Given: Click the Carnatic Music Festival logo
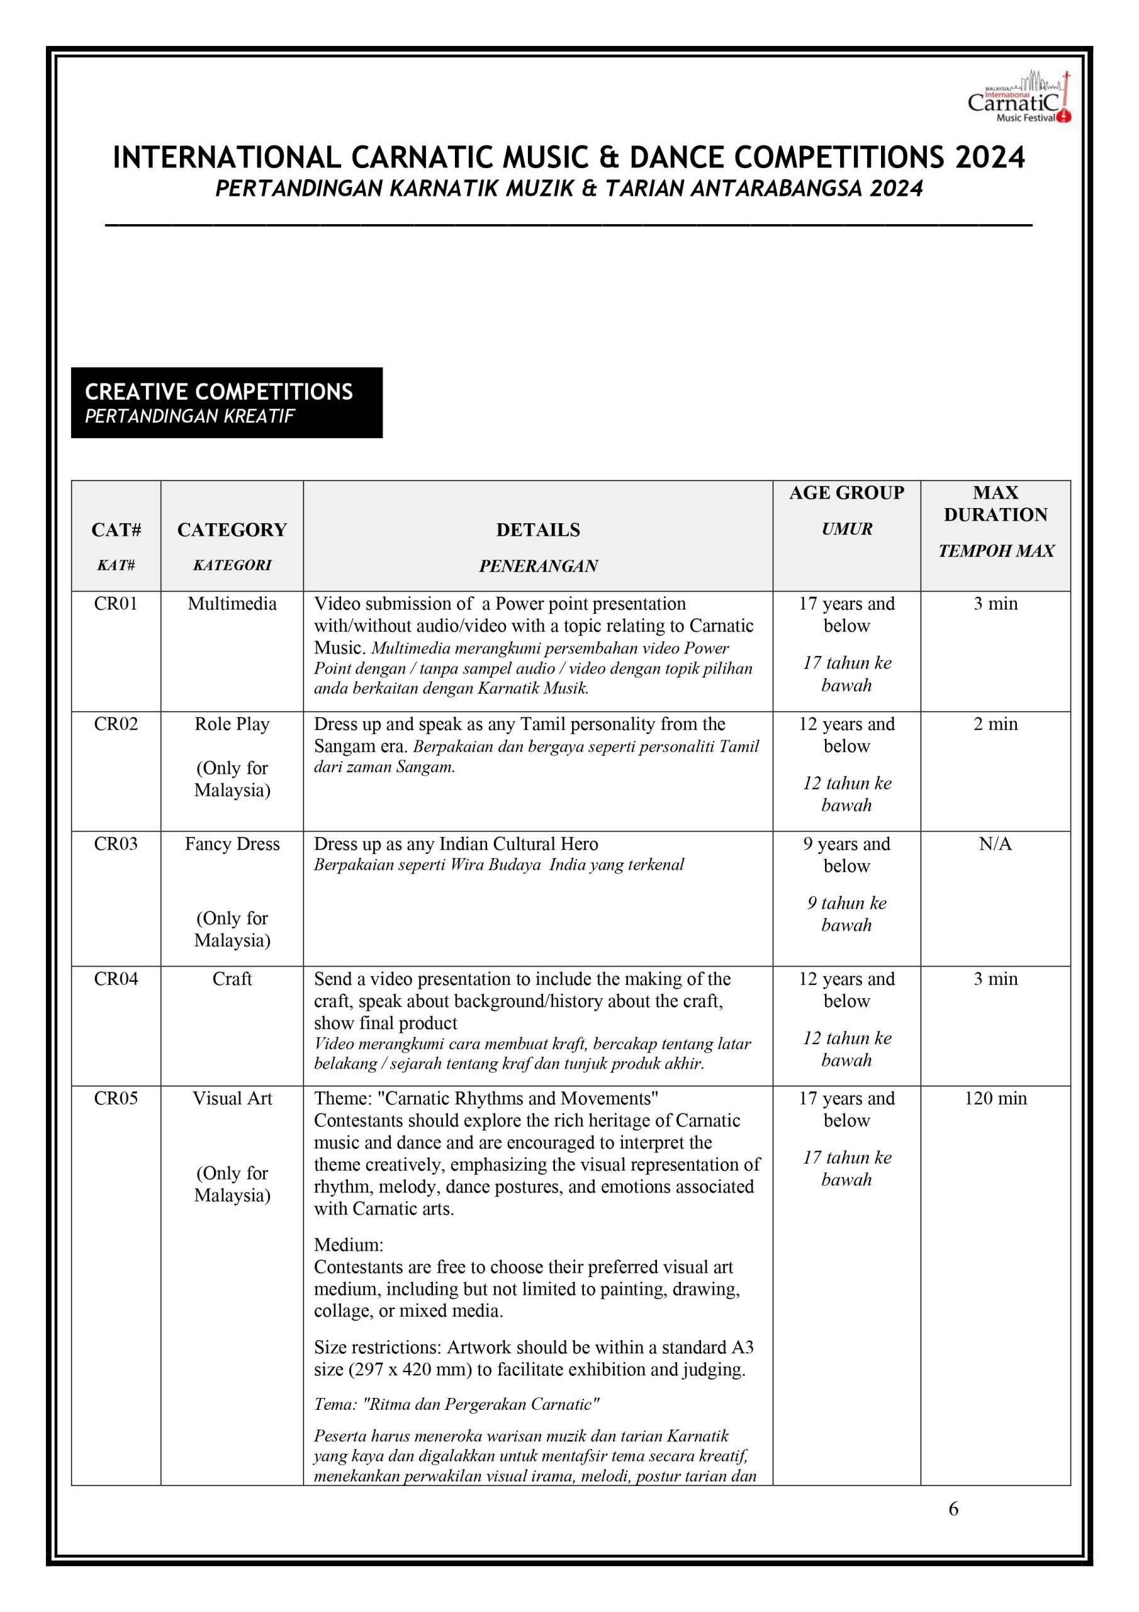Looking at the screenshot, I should (x=1019, y=98).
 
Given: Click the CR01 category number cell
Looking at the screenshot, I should (x=116, y=604).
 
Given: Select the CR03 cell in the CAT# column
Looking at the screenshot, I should (x=116, y=844).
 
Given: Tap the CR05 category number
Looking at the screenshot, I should (x=116, y=1098).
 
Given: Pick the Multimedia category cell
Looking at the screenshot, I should (x=232, y=604).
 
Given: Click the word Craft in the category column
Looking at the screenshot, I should (x=232, y=979).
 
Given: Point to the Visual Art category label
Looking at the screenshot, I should (x=232, y=1098).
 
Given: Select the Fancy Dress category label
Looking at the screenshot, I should (x=232, y=844).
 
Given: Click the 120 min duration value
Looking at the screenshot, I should (x=995, y=1098).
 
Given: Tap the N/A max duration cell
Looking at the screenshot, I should (x=995, y=844).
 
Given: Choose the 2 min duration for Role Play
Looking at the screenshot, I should (x=995, y=724).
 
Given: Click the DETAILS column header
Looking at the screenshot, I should (x=538, y=530).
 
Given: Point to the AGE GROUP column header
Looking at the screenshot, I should (x=846, y=493).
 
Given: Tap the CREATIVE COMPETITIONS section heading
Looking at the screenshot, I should (x=219, y=392).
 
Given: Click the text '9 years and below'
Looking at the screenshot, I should (x=846, y=854).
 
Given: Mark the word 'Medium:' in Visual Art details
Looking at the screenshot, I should (x=349, y=1245).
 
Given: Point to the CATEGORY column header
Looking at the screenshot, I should (x=232, y=530).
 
